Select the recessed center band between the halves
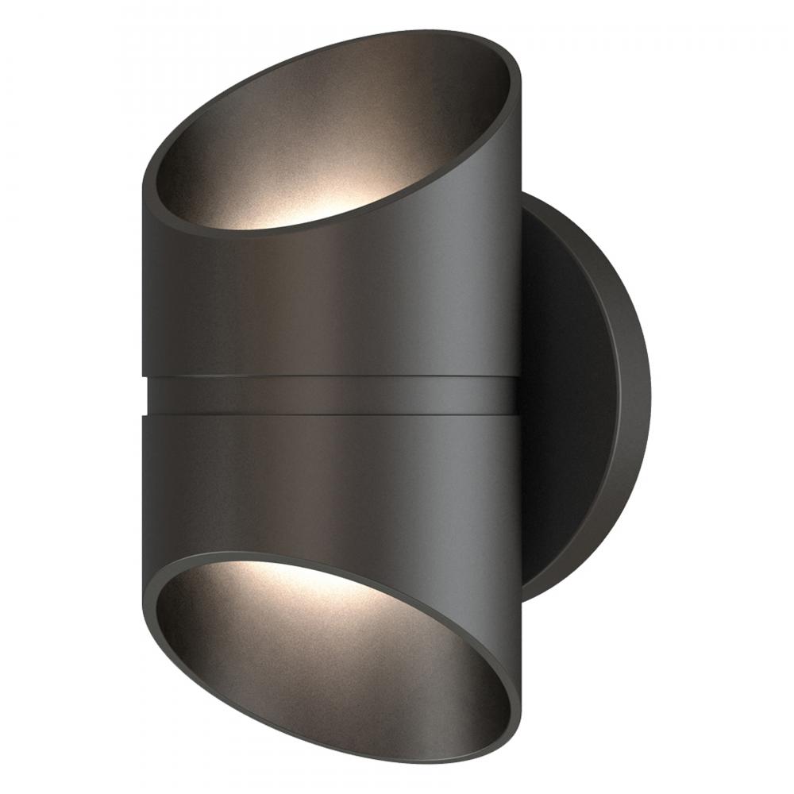pos(333,395)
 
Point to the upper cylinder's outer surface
pos(333,302)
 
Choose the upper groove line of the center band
pos(333,376)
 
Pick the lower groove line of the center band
pos(333,413)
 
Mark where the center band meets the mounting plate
pos(519,395)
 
